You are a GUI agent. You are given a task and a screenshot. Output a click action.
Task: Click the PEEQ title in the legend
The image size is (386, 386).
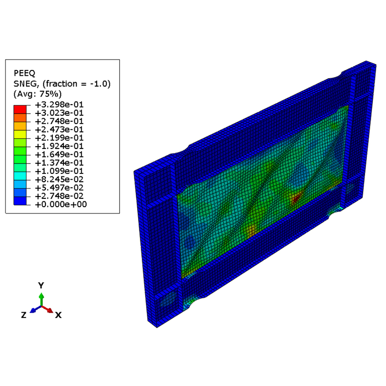24,73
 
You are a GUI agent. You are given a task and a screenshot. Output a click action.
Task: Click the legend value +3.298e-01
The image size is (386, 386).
59,105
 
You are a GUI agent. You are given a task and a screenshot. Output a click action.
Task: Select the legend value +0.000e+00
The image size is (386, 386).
61,204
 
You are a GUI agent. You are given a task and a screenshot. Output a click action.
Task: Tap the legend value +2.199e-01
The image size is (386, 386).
59,138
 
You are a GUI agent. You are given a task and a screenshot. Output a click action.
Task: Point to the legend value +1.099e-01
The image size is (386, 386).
59,171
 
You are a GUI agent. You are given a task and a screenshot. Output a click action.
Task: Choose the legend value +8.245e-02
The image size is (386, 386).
59,179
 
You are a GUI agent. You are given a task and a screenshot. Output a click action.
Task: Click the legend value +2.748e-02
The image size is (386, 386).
59,196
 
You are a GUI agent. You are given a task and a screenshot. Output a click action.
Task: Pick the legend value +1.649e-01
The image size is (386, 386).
59,154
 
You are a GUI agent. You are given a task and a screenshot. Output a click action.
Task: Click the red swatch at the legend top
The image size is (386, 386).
20,109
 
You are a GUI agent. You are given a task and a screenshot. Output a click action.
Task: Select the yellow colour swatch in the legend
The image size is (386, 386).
20,134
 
